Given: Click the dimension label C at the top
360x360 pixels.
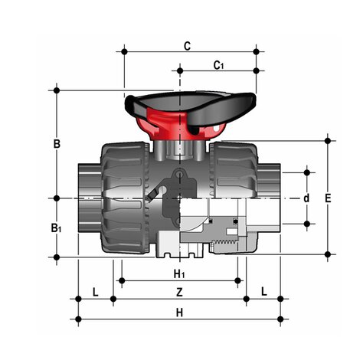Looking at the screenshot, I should tap(187, 45).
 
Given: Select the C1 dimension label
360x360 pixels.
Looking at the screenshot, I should tap(218, 65).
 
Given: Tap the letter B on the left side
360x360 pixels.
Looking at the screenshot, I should tap(56, 143).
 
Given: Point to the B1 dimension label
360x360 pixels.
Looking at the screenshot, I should tap(57, 227).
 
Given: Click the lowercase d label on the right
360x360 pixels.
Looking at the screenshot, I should tap(306, 198).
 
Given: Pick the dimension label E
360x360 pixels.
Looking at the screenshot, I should tap(328, 198).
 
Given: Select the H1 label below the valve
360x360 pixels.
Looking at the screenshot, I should tap(178, 273).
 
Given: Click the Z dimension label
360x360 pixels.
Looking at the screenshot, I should tap(179, 292).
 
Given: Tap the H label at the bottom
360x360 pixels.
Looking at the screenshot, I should tap(179, 312).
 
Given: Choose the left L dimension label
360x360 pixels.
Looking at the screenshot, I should tap(95, 292).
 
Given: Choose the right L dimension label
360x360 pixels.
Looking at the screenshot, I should tap(263, 292).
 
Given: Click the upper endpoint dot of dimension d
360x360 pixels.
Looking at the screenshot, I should tap(307, 169).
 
